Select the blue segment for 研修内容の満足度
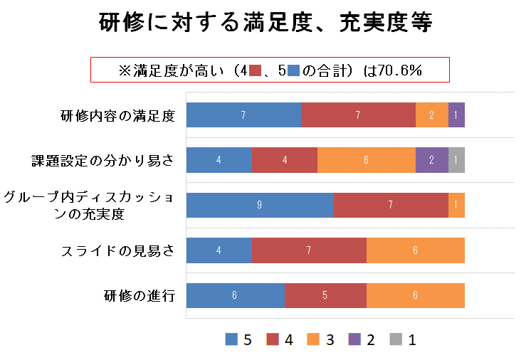pos(243,115)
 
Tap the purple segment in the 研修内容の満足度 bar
pos(456,115)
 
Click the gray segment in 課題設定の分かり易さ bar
pos(456,160)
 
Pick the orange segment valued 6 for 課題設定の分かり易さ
pos(366,160)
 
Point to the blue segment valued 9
pos(260,205)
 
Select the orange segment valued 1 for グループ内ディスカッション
pos(456,205)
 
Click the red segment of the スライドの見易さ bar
pos(309,250)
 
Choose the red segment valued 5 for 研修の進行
pos(325,295)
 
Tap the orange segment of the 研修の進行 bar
pos(416,295)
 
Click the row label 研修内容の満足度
pos(118,115)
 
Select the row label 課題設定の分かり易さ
pos(102,160)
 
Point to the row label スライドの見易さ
pos(117,250)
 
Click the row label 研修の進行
pos(140,295)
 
